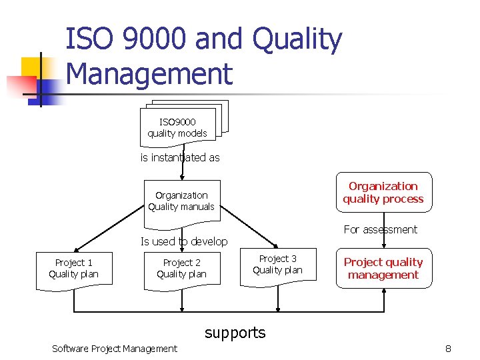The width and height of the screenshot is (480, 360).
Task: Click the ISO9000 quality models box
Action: [x=177, y=127]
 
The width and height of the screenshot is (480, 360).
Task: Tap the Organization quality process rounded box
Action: [x=383, y=193]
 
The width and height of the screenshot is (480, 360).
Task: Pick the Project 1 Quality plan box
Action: [x=73, y=269]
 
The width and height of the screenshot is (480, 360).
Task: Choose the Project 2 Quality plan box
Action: [x=181, y=269]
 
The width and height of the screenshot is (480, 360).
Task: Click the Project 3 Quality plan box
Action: [x=277, y=265]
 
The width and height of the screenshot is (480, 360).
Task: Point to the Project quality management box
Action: [x=383, y=268]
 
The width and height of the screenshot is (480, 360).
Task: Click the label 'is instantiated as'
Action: [x=179, y=158]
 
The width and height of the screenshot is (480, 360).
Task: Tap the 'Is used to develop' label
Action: [x=183, y=241]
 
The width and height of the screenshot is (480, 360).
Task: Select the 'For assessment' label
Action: [x=380, y=229]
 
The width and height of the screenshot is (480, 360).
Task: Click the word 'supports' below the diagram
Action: [x=235, y=332]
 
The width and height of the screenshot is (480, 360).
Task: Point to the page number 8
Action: [x=448, y=348]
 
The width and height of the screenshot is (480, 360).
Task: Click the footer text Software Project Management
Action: [x=115, y=348]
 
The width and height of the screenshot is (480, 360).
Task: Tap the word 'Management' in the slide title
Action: [x=149, y=73]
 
